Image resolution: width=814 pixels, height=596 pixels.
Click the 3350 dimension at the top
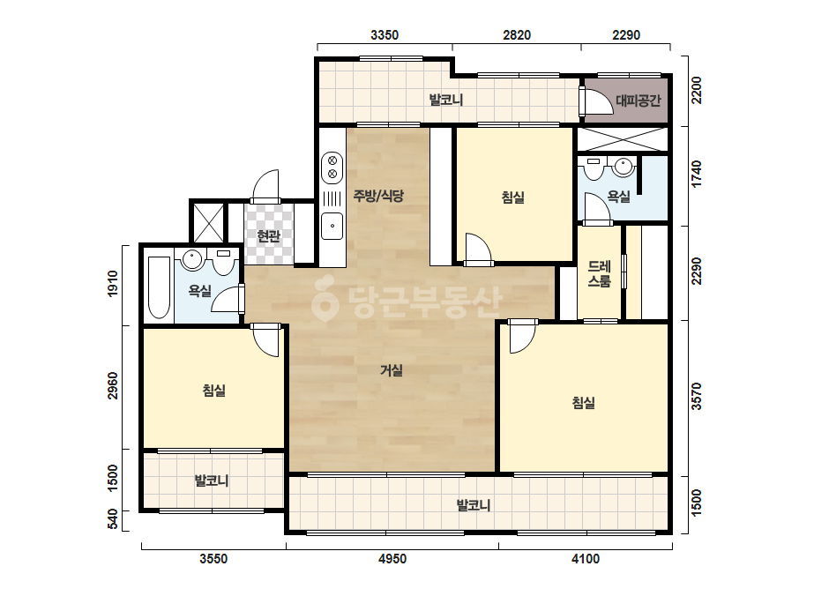pos(385,34)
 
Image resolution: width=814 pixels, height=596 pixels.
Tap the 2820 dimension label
pos(517,34)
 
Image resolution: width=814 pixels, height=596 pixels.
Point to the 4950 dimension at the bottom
pos(392,559)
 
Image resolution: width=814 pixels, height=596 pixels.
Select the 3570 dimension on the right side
pos(696,396)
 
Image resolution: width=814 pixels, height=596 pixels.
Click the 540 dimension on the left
pos(112,519)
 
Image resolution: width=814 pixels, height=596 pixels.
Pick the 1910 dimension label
pos(112,284)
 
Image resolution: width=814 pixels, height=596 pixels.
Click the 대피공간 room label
pos(638,101)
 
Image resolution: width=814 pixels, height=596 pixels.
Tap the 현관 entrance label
pos(268,236)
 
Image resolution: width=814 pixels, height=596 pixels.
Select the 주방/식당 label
pos(378,196)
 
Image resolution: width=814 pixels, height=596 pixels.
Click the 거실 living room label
pos(392,370)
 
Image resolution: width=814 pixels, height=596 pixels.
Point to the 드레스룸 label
pos(599,273)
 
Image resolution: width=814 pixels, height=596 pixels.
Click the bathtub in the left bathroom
pos(159,287)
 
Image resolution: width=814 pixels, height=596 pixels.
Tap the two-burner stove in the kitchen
pos(332,168)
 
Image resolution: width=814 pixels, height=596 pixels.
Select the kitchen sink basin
pos(332,227)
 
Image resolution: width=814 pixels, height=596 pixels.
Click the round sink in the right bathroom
pos(623,167)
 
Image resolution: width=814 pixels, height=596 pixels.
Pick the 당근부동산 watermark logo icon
pos(325,299)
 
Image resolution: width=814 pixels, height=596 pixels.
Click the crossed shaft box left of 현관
pos(208,223)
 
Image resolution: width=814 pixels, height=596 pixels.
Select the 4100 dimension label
pos(585,559)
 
